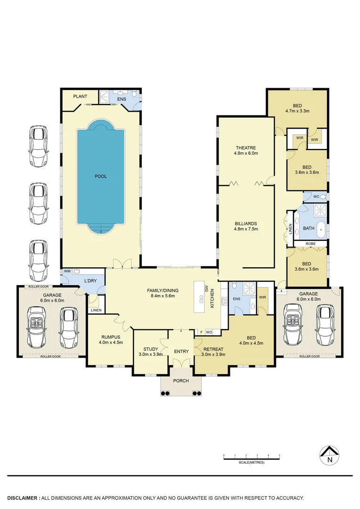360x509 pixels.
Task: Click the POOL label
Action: [100, 176]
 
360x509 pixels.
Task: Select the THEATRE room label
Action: [245, 148]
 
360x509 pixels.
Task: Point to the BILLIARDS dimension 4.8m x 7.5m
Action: [246, 229]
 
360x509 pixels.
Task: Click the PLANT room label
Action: [80, 97]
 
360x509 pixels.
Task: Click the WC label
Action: [317, 196]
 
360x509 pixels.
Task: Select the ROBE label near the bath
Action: [310, 244]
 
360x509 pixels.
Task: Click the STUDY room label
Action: [150, 349]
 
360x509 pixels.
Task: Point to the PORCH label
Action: [181, 381]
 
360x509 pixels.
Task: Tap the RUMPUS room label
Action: [111, 337]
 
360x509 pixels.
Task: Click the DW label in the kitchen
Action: [206, 288]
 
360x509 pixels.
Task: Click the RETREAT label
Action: [213, 349]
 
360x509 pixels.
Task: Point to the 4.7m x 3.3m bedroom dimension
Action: [297, 111]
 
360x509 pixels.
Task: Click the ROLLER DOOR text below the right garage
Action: [309, 357]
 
